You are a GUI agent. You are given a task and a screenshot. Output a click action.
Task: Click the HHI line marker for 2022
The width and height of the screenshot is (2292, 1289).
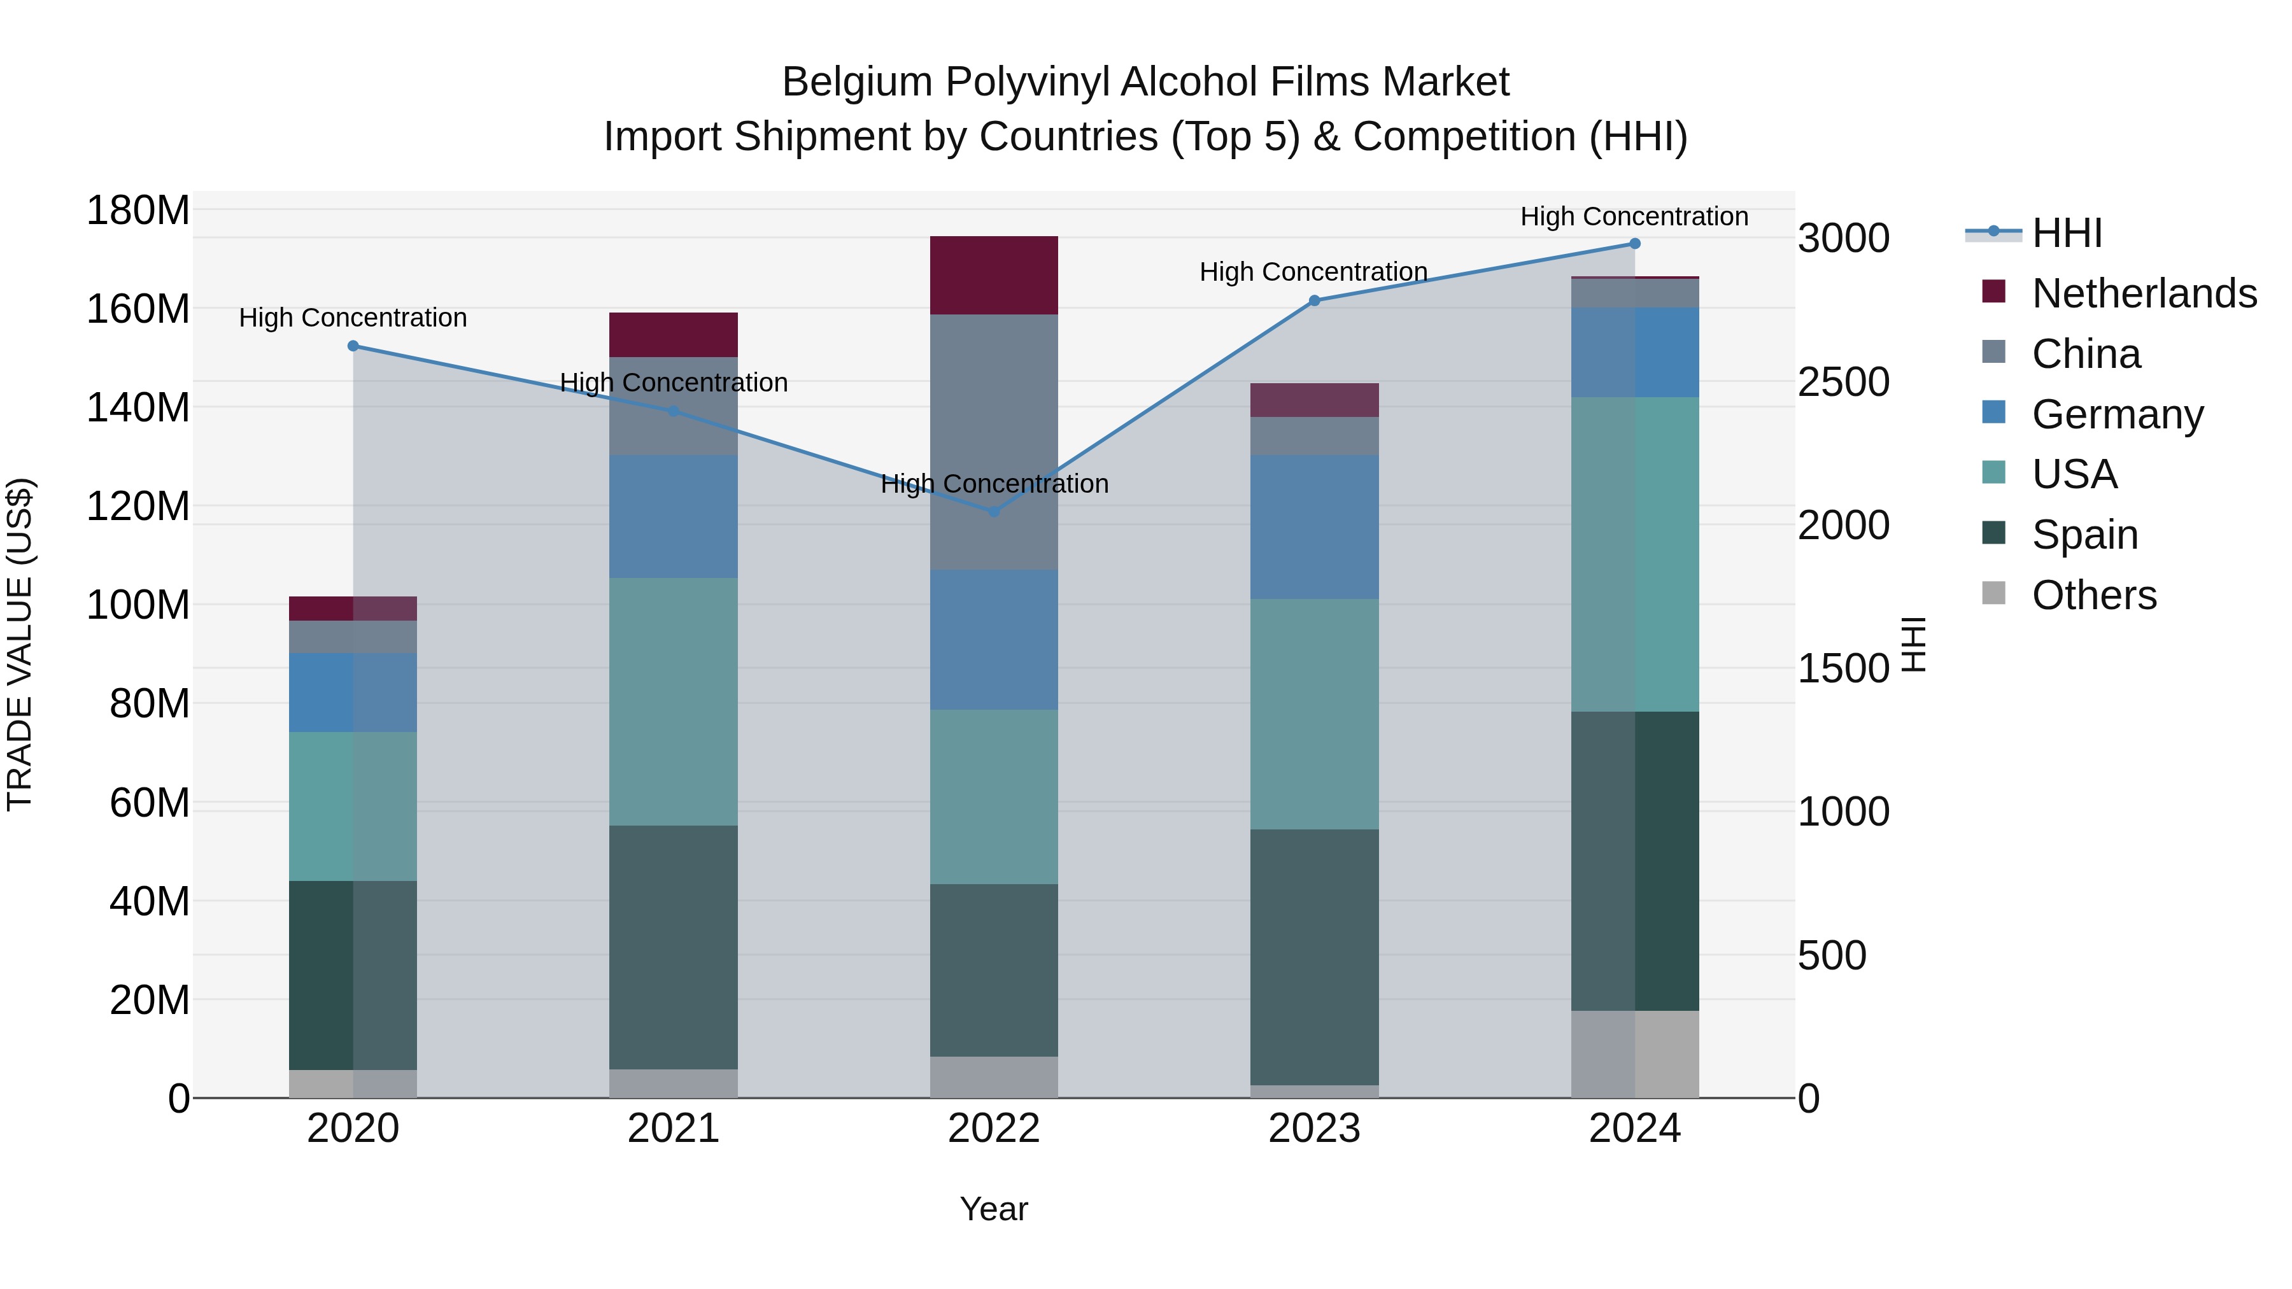point(994,512)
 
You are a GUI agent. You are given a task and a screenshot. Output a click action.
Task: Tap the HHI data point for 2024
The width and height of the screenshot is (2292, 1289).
point(1634,244)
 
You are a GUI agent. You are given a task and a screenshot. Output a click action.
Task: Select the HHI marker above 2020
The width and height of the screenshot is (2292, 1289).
point(353,346)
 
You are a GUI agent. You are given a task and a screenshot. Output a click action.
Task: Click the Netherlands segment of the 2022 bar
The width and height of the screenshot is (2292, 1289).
point(994,275)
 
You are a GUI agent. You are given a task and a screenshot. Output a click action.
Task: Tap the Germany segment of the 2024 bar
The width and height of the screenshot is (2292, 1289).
point(1634,352)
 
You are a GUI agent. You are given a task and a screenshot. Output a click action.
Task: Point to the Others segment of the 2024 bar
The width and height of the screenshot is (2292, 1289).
point(1634,1053)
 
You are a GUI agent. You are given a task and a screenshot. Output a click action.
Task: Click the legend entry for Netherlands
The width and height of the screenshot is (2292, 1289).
point(2144,293)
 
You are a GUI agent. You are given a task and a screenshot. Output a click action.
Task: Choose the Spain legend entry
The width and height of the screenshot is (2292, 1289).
point(2084,535)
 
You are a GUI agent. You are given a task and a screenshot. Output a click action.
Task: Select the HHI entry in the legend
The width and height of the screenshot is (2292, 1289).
point(2066,233)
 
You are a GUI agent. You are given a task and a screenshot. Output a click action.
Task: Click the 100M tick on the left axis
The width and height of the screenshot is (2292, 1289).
point(138,605)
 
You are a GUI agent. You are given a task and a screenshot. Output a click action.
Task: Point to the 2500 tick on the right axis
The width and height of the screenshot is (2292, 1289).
point(1843,383)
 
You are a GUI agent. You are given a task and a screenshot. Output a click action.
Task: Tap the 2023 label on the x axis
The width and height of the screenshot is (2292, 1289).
point(1314,1129)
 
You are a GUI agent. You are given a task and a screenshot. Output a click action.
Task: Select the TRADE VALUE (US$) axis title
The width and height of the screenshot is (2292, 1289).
point(20,644)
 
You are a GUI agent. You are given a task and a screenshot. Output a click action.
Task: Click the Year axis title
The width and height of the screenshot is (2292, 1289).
point(994,1209)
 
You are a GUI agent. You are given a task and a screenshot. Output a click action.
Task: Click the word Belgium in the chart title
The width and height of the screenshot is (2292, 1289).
point(856,82)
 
